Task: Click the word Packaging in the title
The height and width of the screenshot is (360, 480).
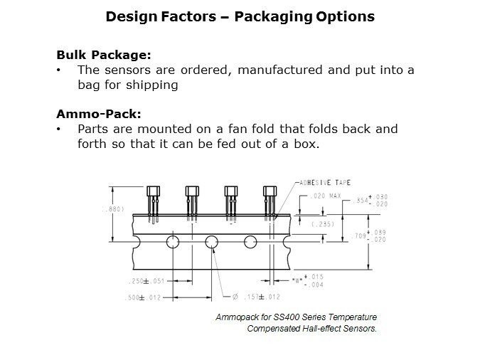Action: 274,17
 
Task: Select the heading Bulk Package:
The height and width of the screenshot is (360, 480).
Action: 104,55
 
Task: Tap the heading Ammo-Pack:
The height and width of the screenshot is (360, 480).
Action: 99,114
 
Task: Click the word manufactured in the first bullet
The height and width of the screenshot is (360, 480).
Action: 280,70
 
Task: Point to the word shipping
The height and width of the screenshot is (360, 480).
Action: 152,85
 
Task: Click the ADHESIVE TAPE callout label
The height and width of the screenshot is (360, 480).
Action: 325,183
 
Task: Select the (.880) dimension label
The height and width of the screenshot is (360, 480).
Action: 113,209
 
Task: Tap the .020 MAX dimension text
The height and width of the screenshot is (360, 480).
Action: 326,196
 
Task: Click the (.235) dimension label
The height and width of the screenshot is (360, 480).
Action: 323,224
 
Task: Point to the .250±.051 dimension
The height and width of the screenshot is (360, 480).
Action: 147,281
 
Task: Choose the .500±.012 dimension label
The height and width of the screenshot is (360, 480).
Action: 143,297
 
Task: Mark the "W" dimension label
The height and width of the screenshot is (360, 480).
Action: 297,280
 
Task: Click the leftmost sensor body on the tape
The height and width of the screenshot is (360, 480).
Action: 153,191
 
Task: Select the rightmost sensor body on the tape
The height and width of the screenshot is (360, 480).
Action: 270,191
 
